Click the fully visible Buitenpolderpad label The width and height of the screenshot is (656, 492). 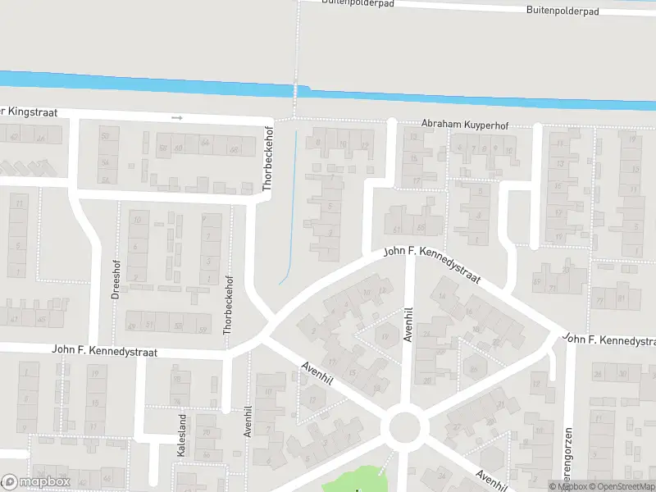[x=562, y=11]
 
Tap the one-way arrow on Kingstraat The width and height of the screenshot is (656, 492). [x=177, y=118]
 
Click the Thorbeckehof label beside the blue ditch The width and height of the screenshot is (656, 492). [x=266, y=159]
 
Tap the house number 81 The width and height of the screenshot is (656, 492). [x=623, y=297]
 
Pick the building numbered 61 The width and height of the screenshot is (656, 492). [x=397, y=230]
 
